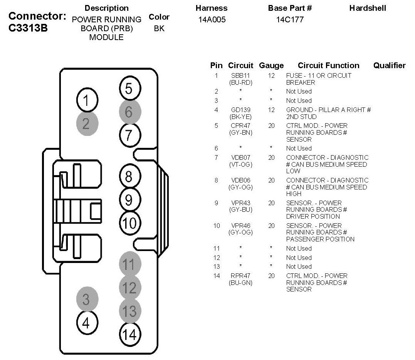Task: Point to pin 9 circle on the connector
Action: [129, 199]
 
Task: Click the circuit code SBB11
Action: [240, 76]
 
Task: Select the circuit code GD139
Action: [240, 110]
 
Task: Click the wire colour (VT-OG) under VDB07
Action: [240, 164]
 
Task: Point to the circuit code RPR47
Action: [240, 276]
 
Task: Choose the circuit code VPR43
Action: [240, 203]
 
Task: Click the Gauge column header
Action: [271, 65]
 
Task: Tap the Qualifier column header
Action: [389, 65]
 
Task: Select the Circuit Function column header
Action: [328, 65]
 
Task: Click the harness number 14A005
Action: [212, 20]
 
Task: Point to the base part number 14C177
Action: [290, 20]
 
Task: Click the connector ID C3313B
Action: [28, 28]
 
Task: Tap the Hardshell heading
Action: [367, 8]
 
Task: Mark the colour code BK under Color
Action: [159, 28]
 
